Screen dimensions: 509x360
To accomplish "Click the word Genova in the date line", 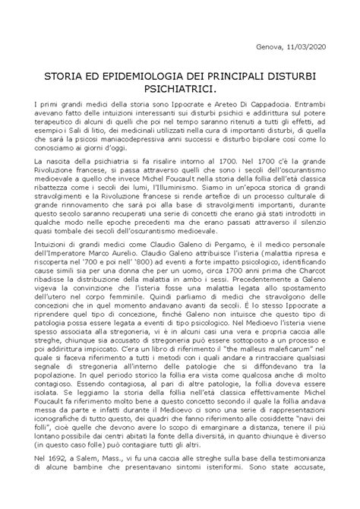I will pos(272,46).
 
